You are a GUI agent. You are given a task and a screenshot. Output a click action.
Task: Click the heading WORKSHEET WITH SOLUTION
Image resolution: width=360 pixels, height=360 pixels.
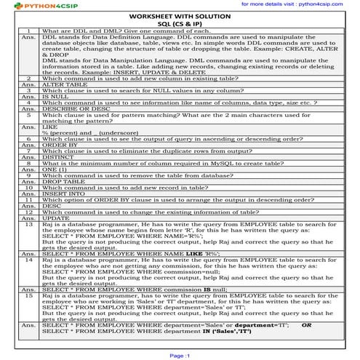pyautogui.click(x=179, y=15)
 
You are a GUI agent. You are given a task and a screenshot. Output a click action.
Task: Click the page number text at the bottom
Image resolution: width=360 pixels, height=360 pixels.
pyautogui.click(x=179, y=356)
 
